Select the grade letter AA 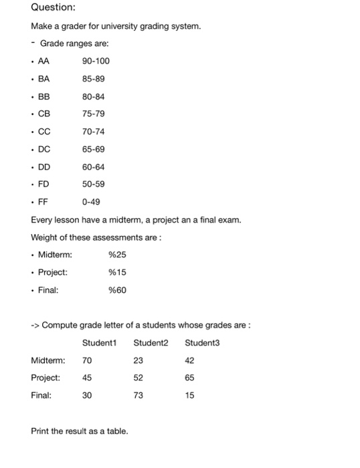pyautogui.click(x=46, y=61)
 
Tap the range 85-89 pyautogui.click(x=94, y=78)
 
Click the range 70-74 pyautogui.click(x=94, y=131)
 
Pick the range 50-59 pyautogui.click(x=94, y=183)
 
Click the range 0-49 pyautogui.click(x=91, y=201)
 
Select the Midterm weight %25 pyautogui.click(x=116, y=254)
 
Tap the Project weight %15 pyautogui.click(x=116, y=272)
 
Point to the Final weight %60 pyautogui.click(x=116, y=289)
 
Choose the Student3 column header pyautogui.click(x=202, y=343)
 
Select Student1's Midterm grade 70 pyautogui.click(x=87, y=360)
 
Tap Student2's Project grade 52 pyautogui.click(x=138, y=378)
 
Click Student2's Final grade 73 pyautogui.click(x=138, y=395)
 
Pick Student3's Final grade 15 pyautogui.click(x=189, y=395)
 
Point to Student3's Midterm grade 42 pyautogui.click(x=189, y=360)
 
